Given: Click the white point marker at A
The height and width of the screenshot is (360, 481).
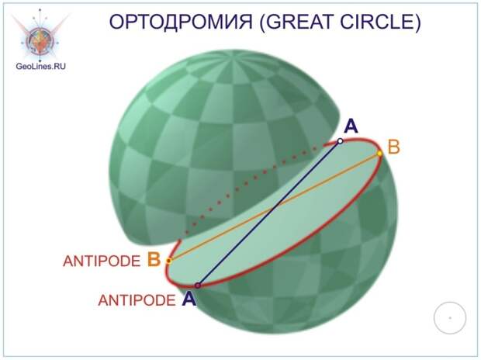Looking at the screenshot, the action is pos(340,141).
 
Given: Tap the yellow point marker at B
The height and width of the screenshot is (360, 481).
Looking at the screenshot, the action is pos(379,153).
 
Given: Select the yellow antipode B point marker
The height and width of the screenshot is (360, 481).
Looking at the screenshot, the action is pos(168,261).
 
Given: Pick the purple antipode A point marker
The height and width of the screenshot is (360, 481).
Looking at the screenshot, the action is pos(198,286).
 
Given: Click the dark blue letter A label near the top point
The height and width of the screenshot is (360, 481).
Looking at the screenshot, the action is pos(351,126).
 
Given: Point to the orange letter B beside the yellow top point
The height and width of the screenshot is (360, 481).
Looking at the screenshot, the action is pos(394,147).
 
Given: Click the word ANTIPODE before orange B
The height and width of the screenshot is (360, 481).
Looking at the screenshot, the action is pos(102,261).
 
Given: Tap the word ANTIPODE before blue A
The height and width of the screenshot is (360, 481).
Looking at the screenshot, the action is pos(137,300).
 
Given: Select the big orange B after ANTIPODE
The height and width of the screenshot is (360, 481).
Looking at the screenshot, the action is pos(154,259).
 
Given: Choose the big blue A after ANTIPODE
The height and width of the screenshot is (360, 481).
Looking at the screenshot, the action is pos(189,298).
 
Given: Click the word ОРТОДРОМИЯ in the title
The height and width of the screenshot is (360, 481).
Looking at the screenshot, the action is pos(181,22).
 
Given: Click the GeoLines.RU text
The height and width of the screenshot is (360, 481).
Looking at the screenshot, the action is pos(41,66).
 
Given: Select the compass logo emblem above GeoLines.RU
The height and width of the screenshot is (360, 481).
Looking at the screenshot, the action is pos(40,35).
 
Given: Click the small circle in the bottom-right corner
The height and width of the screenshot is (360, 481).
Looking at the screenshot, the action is pos(450,317).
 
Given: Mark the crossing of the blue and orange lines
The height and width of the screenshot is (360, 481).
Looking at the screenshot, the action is pos(273,210).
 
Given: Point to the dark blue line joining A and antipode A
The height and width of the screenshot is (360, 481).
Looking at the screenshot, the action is pos(269,213).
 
